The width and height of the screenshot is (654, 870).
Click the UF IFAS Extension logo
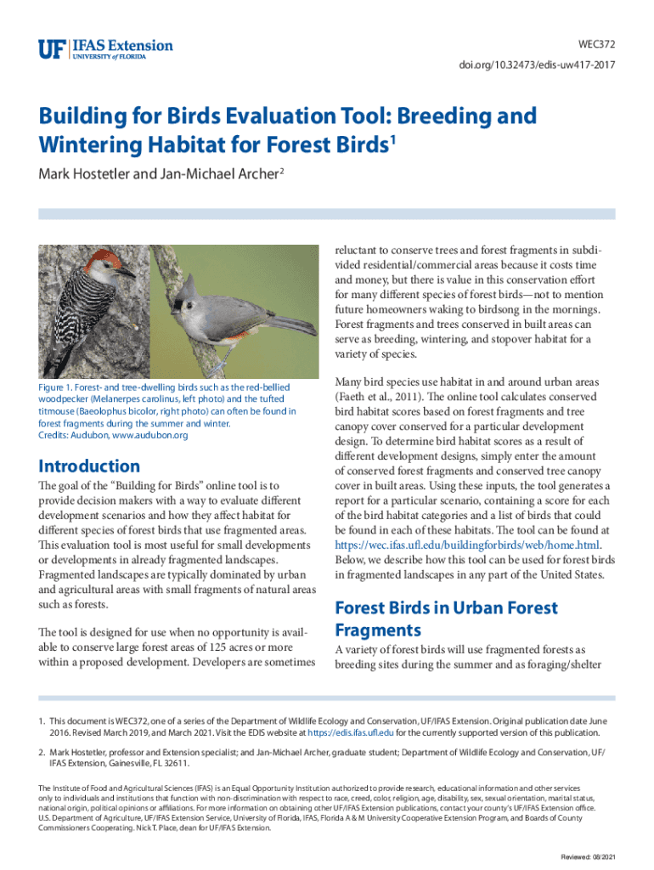pos(105,49)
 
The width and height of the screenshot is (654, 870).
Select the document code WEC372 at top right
pos(595,44)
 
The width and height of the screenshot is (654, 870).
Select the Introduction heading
pos(89,466)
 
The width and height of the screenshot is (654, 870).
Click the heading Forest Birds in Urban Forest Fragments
pos(446,619)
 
